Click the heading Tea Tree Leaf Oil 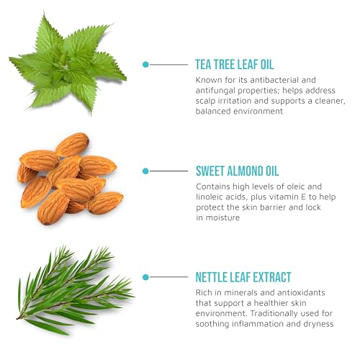point(235,65)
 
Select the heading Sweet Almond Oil point(237,171)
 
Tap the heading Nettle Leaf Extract point(243,277)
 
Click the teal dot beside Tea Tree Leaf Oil point(145,65)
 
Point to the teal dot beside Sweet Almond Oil point(145,171)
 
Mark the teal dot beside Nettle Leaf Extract point(145,277)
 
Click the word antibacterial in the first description point(274,80)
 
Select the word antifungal point(215,91)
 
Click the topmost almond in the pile point(72,145)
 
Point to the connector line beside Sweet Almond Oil point(168,171)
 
